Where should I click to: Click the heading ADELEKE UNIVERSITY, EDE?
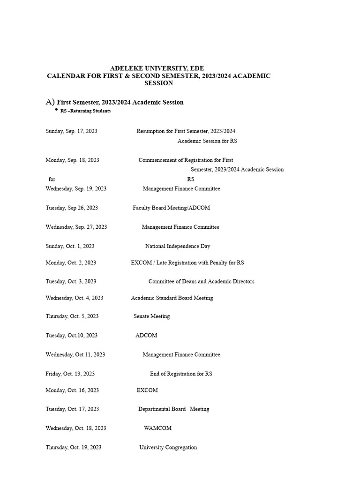(157, 68)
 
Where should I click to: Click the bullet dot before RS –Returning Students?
(56, 109)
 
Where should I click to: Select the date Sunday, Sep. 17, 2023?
(71, 131)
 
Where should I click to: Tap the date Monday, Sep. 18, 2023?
(72, 160)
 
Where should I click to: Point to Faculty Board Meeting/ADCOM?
(171, 208)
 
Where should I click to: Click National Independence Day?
(178, 246)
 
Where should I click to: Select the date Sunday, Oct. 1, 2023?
(70, 246)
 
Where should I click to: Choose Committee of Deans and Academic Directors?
(201, 282)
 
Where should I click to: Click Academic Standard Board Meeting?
(172, 298)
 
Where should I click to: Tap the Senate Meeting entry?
(151, 316)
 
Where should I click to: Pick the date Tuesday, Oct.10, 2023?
(71, 336)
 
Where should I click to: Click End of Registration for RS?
(181, 374)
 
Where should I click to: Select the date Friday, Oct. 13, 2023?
(70, 374)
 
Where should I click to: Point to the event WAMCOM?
(157, 428)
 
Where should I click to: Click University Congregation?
(168, 448)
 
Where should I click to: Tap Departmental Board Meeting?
(173, 409)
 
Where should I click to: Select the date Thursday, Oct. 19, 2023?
(73, 448)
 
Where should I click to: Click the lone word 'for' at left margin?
(52, 179)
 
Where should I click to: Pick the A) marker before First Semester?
(50, 102)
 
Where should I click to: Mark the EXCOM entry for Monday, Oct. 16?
(147, 390)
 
